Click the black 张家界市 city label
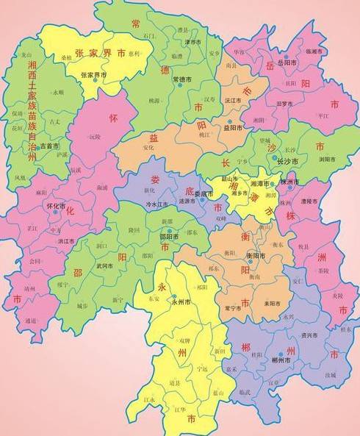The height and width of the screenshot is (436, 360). point(93,75)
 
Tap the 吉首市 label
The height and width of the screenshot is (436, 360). point(49,146)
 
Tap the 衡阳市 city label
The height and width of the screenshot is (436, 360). point(255,255)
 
